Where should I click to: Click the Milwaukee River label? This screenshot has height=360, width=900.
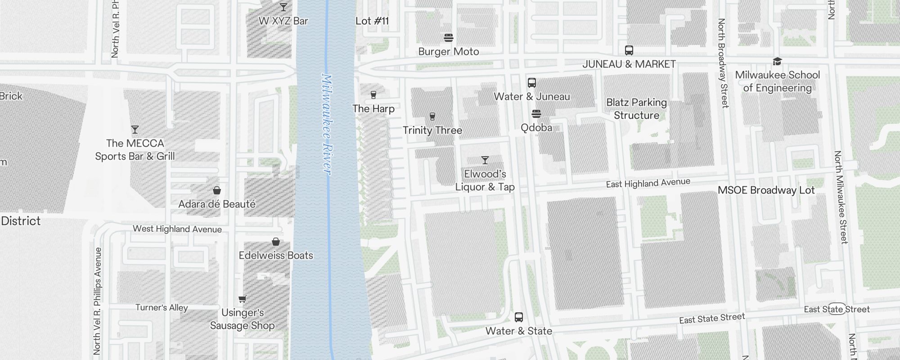tap(327, 125)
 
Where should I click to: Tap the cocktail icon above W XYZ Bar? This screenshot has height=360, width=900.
tap(283, 7)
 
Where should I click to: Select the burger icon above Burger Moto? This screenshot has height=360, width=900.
tap(449, 37)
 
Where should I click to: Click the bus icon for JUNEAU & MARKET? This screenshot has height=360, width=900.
tap(629, 50)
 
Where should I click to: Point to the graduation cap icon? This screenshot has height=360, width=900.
tap(777, 61)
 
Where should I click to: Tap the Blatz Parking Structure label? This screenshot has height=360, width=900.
tap(636, 109)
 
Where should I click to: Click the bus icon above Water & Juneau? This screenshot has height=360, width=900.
tap(532, 83)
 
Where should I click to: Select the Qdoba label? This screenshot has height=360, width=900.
tap(536, 128)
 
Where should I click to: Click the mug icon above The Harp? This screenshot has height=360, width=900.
tap(373, 95)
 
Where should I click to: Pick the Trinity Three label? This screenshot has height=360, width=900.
tap(432, 130)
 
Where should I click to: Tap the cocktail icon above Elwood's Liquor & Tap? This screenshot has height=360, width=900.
tap(485, 160)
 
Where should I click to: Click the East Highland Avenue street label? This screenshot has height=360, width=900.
tap(648, 183)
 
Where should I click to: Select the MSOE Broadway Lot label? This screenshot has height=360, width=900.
tap(766, 190)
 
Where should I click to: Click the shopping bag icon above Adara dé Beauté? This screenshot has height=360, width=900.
tap(217, 190)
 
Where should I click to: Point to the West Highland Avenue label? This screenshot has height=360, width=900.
tap(177, 229)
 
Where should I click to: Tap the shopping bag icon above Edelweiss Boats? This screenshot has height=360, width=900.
tap(276, 242)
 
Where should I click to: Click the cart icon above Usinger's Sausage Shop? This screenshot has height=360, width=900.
tap(242, 299)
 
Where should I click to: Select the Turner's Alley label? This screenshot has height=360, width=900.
tap(162, 308)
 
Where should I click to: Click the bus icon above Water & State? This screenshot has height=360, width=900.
tap(519, 317)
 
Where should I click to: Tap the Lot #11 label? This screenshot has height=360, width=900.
tap(372, 21)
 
